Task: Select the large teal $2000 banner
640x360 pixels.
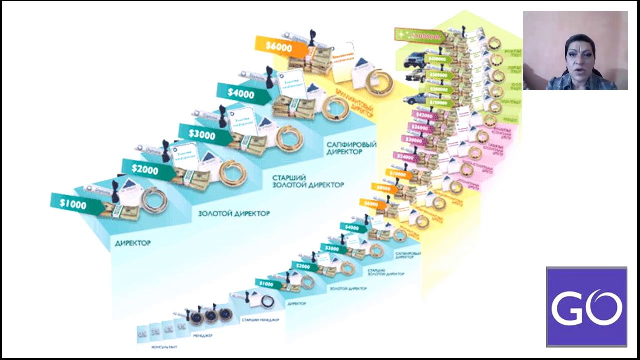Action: [x=146, y=170]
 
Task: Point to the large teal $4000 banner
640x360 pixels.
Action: [x=241, y=93]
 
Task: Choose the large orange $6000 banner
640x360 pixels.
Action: [x=279, y=46]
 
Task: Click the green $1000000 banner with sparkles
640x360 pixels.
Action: [x=420, y=36]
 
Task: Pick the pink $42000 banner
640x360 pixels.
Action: [x=424, y=116]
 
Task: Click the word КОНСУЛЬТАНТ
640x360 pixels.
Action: [x=164, y=346]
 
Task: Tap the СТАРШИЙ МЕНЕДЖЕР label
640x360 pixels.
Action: [x=260, y=320]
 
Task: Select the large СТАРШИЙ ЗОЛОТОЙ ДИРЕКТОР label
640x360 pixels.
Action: [x=308, y=181]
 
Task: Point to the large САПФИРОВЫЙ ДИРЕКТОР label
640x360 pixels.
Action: [x=351, y=148]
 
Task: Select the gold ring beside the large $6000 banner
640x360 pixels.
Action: [x=379, y=82]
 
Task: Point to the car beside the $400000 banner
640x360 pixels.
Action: [x=414, y=61]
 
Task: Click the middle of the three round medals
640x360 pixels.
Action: [x=210, y=314]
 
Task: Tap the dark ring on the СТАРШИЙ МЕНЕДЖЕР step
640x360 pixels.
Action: [x=268, y=301]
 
